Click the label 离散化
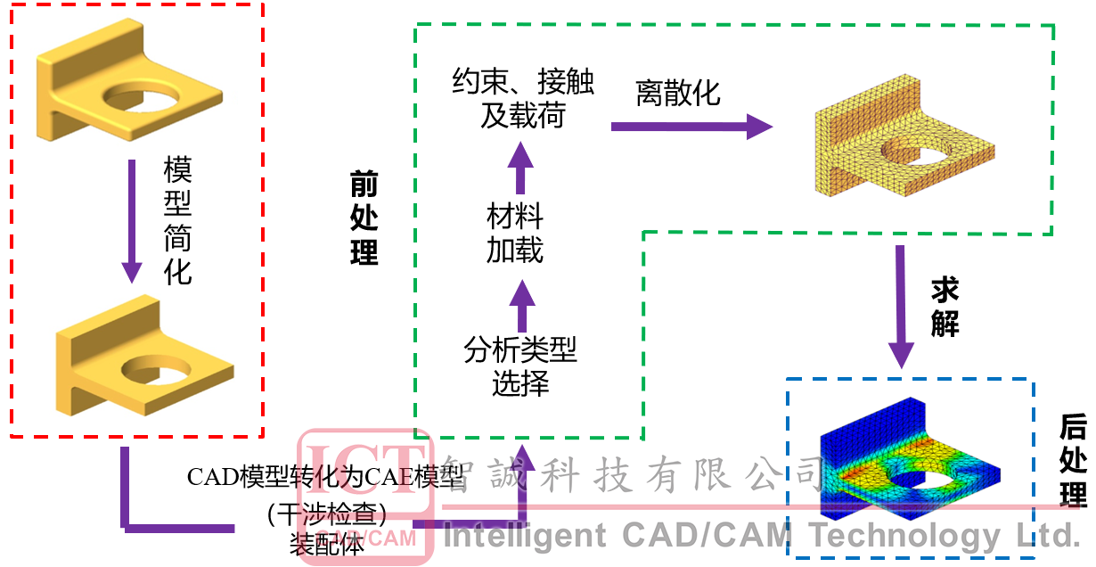tap(678, 92)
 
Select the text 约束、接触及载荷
tap(523, 99)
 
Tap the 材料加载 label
tap(515, 234)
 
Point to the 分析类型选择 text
tap(520, 366)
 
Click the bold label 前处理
tap(364, 218)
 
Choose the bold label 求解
tap(945, 306)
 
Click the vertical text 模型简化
tap(178, 220)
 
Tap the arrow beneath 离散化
tap(691, 127)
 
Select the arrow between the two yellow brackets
tap(132, 219)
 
